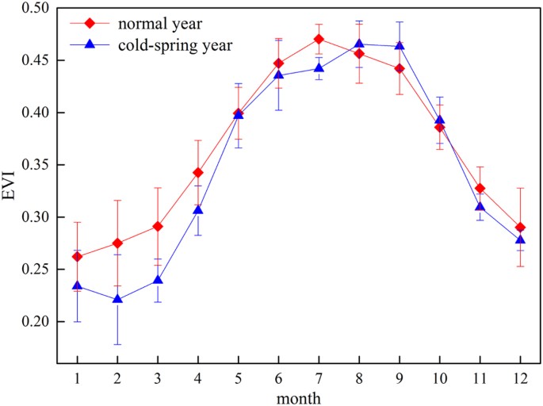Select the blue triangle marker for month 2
click(x=117, y=299)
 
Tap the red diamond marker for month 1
click(x=77, y=256)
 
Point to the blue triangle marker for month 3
click(x=159, y=280)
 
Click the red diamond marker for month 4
click(x=199, y=172)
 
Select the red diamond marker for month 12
click(x=519, y=228)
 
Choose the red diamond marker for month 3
click(x=159, y=226)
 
